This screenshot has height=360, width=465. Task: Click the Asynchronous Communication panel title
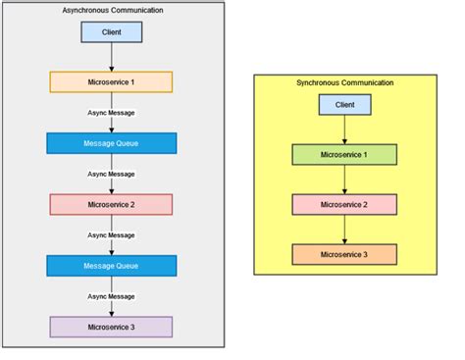[111, 10]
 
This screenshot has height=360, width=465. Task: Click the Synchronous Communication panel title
[344, 82]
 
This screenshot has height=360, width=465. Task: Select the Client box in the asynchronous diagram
[111, 32]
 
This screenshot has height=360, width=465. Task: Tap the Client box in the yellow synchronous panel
[344, 104]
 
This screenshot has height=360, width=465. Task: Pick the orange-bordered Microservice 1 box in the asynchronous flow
[111, 81]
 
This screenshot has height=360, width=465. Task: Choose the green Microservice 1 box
[344, 154]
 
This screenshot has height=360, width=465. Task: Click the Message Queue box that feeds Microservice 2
[111, 143]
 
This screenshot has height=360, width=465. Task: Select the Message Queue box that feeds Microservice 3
[111, 266]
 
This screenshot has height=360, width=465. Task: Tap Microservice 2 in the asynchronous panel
[111, 204]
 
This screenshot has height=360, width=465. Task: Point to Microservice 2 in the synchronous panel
[344, 205]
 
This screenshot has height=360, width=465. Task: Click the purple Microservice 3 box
[111, 327]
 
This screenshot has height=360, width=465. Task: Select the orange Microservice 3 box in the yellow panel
[344, 255]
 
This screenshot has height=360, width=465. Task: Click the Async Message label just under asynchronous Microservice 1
[111, 113]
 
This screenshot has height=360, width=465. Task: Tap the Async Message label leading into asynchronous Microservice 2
[111, 174]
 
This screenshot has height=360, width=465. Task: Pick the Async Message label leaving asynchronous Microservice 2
[111, 235]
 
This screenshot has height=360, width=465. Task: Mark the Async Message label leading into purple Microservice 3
[111, 296]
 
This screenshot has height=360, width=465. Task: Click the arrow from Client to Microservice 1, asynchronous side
[111, 57]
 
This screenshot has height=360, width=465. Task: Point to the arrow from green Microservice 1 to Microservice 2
[344, 180]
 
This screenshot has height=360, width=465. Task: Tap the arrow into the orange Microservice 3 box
[344, 231]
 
